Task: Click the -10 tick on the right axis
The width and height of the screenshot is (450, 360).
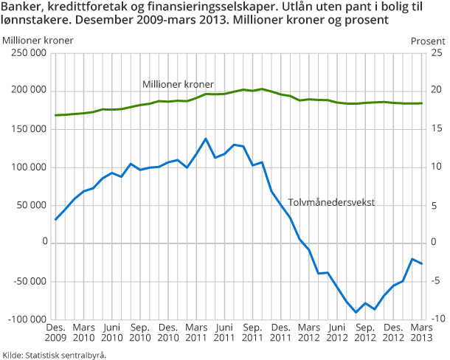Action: point(436,319)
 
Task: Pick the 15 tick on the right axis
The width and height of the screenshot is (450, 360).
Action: point(436,129)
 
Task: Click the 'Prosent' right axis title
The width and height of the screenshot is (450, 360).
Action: point(428,40)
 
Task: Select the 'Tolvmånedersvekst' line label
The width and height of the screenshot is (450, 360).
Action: point(337,200)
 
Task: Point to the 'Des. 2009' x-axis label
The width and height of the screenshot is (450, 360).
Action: point(56,333)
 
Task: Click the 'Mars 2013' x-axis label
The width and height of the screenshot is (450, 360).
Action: point(422,333)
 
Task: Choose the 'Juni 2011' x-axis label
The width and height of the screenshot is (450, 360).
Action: point(224,333)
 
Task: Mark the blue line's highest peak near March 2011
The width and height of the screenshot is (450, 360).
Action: point(205,139)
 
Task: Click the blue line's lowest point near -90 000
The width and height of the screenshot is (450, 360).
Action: point(356,312)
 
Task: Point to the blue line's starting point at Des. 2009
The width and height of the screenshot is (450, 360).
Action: point(56,219)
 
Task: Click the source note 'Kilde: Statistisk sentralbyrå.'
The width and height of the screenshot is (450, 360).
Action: point(54,354)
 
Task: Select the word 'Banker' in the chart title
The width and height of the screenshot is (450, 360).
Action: point(22,7)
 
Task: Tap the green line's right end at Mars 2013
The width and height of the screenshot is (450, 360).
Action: point(421,103)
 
